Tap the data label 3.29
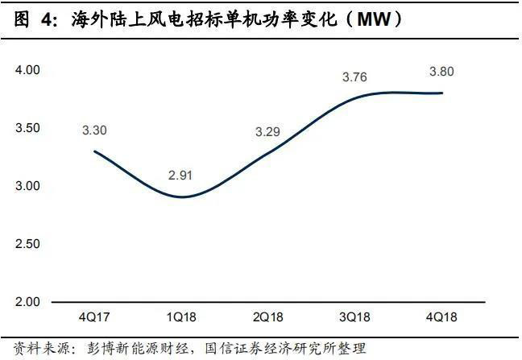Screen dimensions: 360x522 click(268, 130)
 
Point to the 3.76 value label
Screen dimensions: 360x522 click(355, 77)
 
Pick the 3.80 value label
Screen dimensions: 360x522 click(442, 72)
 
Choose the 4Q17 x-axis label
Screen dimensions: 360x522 click(94, 317)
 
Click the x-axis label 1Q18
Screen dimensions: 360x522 click(182, 317)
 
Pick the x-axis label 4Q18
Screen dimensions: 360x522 click(442, 317)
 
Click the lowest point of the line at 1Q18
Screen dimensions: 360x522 click(182, 197)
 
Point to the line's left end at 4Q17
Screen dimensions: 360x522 click(95, 151)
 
